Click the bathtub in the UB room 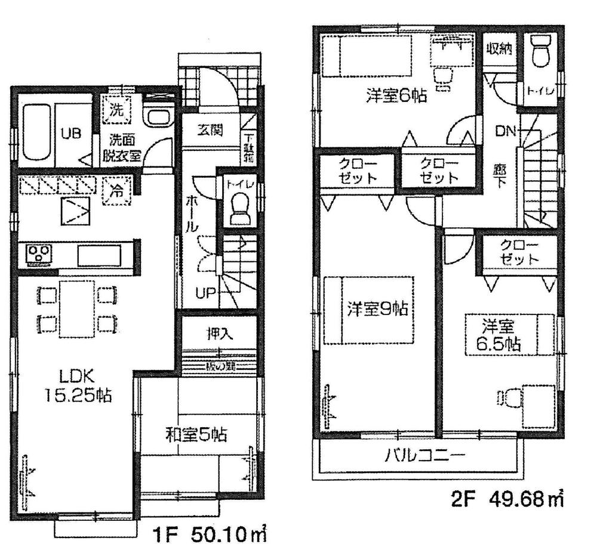tap(38, 134)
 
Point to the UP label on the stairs tap(205, 292)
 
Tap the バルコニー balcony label tap(416, 457)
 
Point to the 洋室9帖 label tap(378, 310)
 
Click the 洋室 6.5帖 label tap(499, 336)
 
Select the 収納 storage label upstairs tap(498, 50)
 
